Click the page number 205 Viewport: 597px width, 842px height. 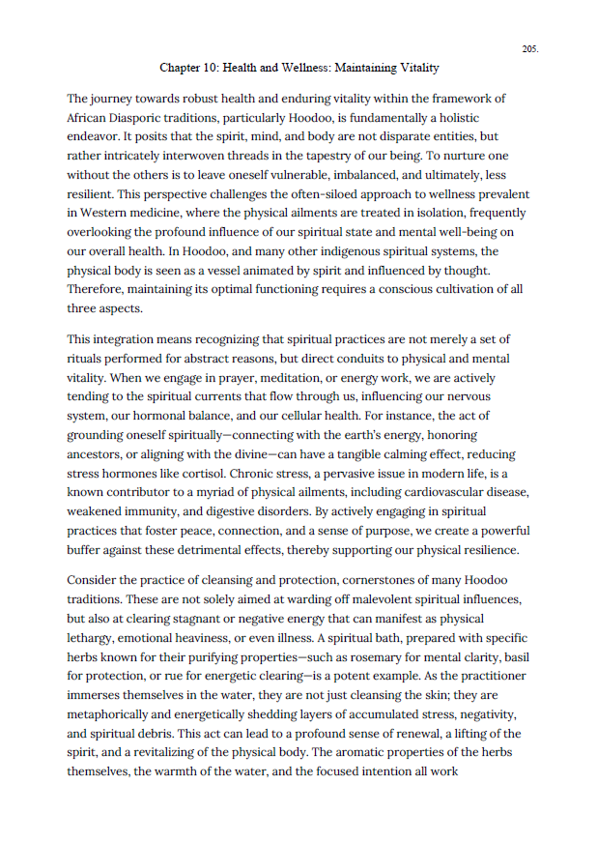[x=529, y=48]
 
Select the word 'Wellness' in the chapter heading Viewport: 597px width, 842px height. [x=287, y=68]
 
